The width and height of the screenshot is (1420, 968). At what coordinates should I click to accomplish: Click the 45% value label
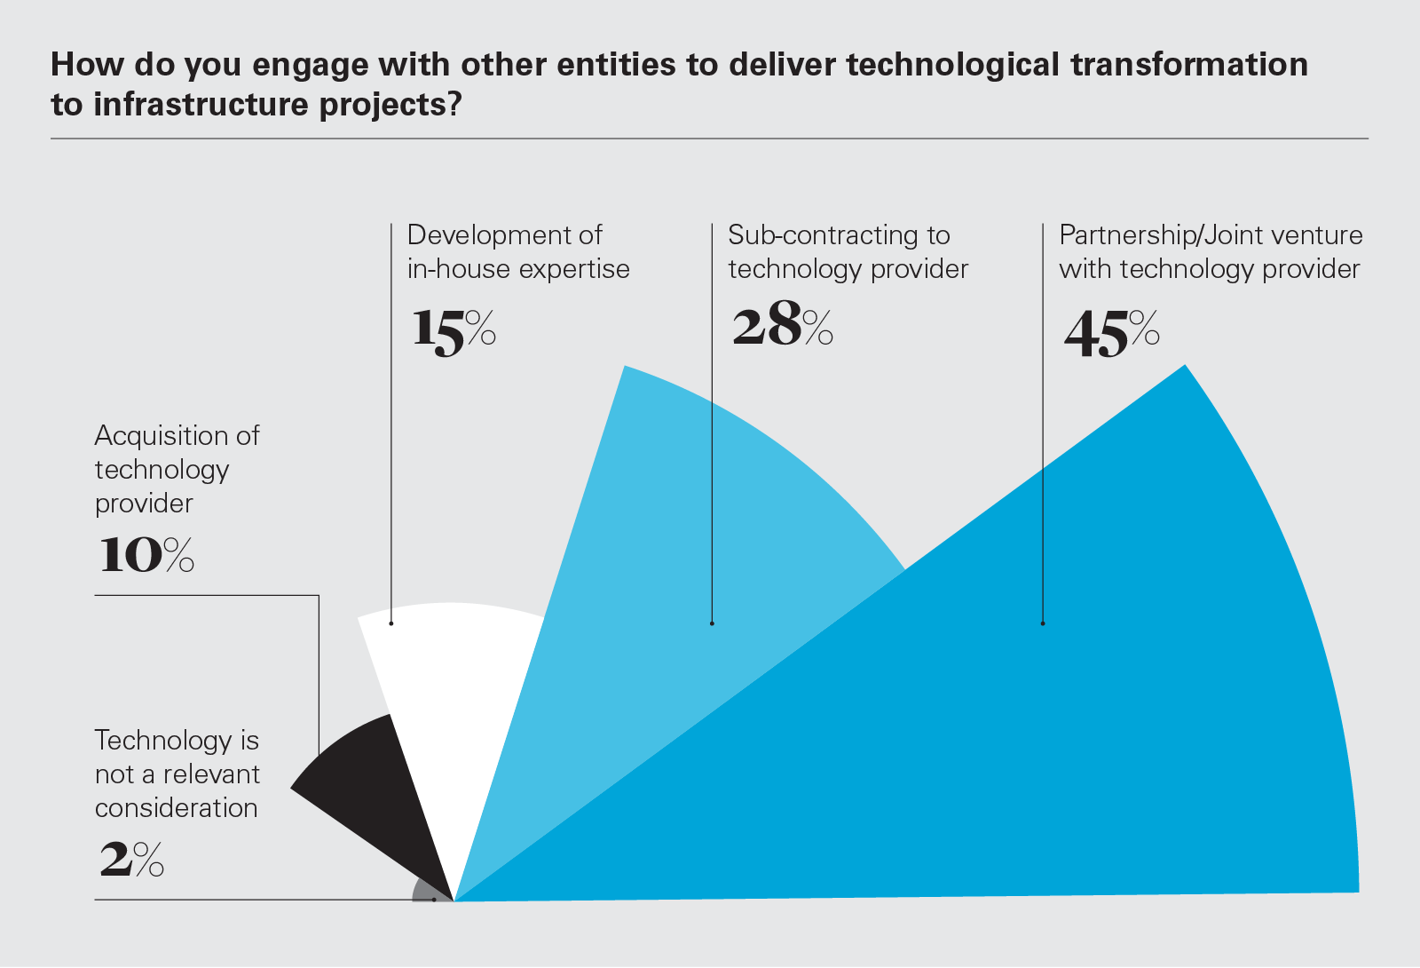click(1111, 334)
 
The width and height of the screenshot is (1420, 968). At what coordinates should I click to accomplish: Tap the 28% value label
click(782, 326)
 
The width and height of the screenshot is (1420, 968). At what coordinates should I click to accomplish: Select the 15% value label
click(453, 330)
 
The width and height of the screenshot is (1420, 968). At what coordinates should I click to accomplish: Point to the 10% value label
click(145, 555)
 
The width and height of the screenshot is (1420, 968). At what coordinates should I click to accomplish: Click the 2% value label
click(131, 860)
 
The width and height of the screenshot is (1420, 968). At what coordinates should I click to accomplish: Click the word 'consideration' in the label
click(176, 808)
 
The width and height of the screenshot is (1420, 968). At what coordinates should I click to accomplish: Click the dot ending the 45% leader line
click(1043, 623)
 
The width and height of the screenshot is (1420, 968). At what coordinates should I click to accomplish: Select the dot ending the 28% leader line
click(712, 623)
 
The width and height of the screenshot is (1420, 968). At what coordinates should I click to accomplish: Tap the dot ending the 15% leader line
click(391, 623)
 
